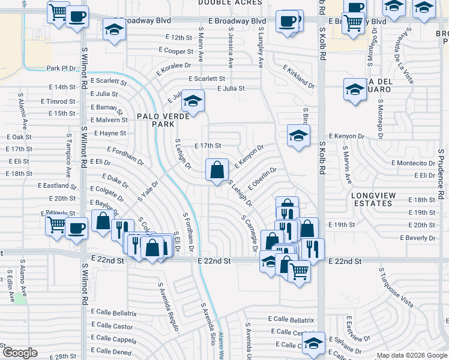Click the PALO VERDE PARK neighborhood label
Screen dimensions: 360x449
coord(155,120)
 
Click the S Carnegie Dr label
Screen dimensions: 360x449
coord(249,234)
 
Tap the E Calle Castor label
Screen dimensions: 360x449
coord(112,326)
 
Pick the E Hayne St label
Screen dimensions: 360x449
coord(110,133)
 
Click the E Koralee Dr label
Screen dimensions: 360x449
coord(173,69)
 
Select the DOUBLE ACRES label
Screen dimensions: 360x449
coord(230,3)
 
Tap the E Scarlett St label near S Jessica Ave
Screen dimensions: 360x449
coord(206,79)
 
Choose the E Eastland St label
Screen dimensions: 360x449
coord(56,186)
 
